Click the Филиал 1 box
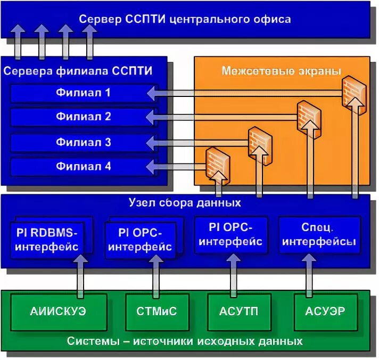pyautogui.click(x=84, y=93)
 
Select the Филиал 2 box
pyautogui.click(x=84, y=117)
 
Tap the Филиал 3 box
pyautogui.click(x=84, y=142)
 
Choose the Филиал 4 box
pyautogui.click(x=84, y=167)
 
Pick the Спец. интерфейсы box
pyautogui.click(x=319, y=235)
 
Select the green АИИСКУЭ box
pyautogui.click(x=59, y=311)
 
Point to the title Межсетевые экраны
pyautogui.click(x=281, y=70)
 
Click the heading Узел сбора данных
pyautogui.click(x=185, y=203)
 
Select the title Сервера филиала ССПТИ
pyautogui.click(x=78, y=70)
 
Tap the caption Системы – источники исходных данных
pyautogui.click(x=185, y=341)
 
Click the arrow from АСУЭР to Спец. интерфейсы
pyautogui.click(x=308, y=274)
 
